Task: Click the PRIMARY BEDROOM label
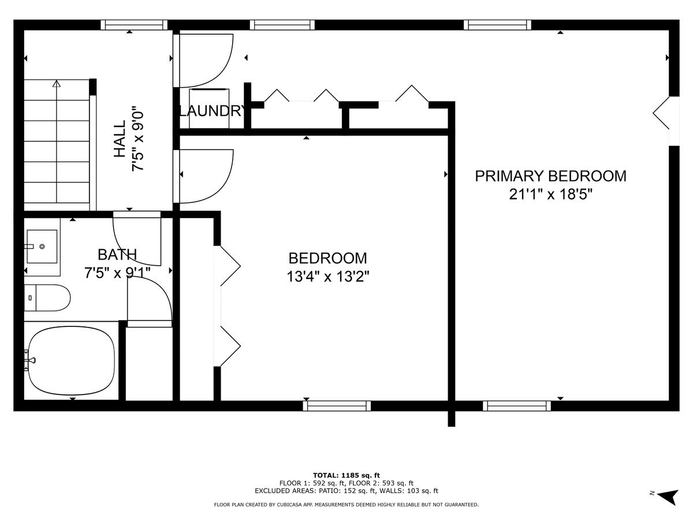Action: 550,176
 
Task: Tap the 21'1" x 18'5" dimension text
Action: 551,194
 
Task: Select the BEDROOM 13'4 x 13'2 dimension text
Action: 328,277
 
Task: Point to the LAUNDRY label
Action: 211,111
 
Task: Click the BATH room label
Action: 117,254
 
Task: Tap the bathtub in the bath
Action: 71,360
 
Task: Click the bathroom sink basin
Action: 42,246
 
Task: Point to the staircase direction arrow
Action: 56,84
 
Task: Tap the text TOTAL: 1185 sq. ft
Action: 346,475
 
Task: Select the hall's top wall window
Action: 134,25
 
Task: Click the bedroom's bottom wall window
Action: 337,406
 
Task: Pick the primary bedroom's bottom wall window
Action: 517,406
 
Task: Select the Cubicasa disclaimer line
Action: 346,505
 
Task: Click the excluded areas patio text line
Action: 346,491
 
